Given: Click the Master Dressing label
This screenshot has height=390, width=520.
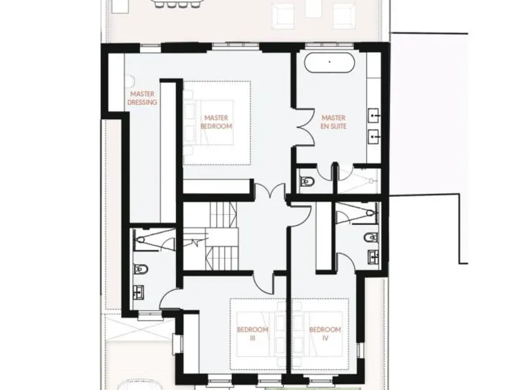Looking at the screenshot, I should [x=143, y=98].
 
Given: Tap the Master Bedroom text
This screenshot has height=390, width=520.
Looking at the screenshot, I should [x=217, y=123].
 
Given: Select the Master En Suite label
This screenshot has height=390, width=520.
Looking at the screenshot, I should [x=334, y=122].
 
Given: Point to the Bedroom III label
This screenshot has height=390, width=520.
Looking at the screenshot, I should [x=253, y=334].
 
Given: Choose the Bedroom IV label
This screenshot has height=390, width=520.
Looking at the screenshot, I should [x=325, y=334].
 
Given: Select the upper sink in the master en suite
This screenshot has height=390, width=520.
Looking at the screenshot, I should [x=373, y=114].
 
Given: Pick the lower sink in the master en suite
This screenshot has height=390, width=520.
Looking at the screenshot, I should [x=373, y=139].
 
